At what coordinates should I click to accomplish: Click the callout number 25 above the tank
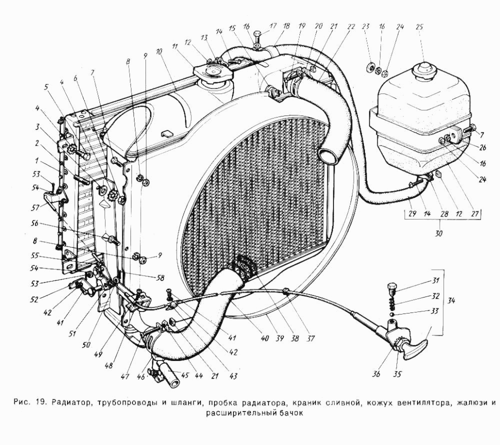tap(419, 27)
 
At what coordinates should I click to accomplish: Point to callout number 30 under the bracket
tap(439, 233)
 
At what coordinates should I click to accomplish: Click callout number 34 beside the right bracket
tap(451, 300)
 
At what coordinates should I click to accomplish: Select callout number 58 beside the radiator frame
tap(160, 278)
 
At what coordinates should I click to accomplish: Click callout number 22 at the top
tap(351, 27)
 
